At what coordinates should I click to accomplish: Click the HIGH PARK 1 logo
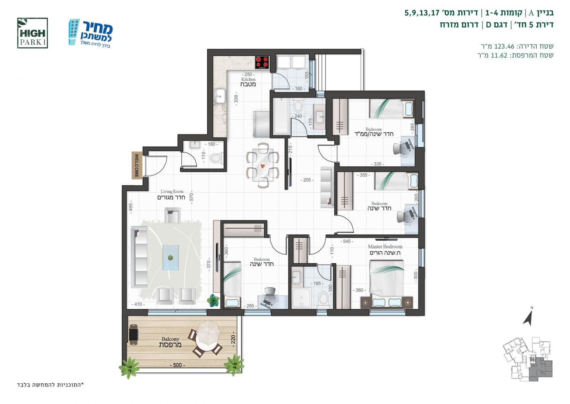pyautogui.click(x=32, y=33)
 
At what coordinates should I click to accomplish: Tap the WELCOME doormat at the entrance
pyautogui.click(x=137, y=166)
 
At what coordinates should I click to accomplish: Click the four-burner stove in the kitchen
pyautogui.click(x=262, y=62)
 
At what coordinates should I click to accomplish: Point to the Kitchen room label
pyautogui.click(x=248, y=82)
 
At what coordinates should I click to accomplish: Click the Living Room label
pyautogui.click(x=171, y=195)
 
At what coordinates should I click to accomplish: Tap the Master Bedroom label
pyautogui.click(x=385, y=250)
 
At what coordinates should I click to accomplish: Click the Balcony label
pyautogui.click(x=170, y=342)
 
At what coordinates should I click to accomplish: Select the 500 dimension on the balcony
pyautogui.click(x=177, y=365)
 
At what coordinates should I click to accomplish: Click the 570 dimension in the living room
pyautogui.click(x=192, y=197)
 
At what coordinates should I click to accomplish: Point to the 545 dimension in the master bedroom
pyautogui.click(x=347, y=241)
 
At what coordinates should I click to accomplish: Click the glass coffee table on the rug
pyautogui.click(x=171, y=257)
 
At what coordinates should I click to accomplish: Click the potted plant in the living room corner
pyautogui.click(x=213, y=301)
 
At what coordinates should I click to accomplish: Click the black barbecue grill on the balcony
pyautogui.click(x=133, y=332)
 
